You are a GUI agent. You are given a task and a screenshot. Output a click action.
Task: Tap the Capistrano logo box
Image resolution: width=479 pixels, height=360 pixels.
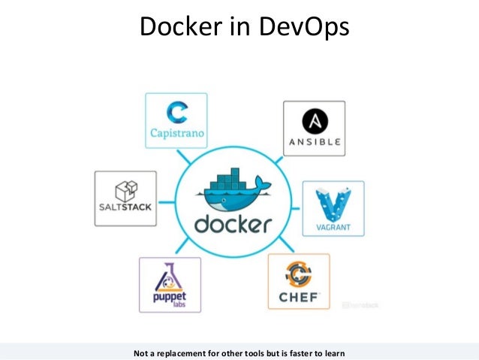point(176,119)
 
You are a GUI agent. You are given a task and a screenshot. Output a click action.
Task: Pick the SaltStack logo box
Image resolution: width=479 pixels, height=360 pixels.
point(125,198)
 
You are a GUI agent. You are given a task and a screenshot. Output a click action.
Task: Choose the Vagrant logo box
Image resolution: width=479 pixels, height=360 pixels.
point(333,208)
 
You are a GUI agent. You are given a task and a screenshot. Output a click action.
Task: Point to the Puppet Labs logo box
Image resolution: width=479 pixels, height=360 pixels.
point(170,284)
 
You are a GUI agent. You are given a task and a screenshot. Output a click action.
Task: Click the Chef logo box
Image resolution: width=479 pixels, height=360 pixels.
point(299,281)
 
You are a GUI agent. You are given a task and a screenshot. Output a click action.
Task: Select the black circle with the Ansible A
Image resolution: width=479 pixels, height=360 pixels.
point(314,120)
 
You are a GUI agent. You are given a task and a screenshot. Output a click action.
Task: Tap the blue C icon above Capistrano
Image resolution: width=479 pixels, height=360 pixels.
point(176,113)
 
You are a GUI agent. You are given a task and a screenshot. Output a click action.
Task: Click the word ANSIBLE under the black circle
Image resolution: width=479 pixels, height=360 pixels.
point(314,142)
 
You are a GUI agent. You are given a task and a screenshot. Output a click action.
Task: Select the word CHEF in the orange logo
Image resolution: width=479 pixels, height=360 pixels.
point(299,298)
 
